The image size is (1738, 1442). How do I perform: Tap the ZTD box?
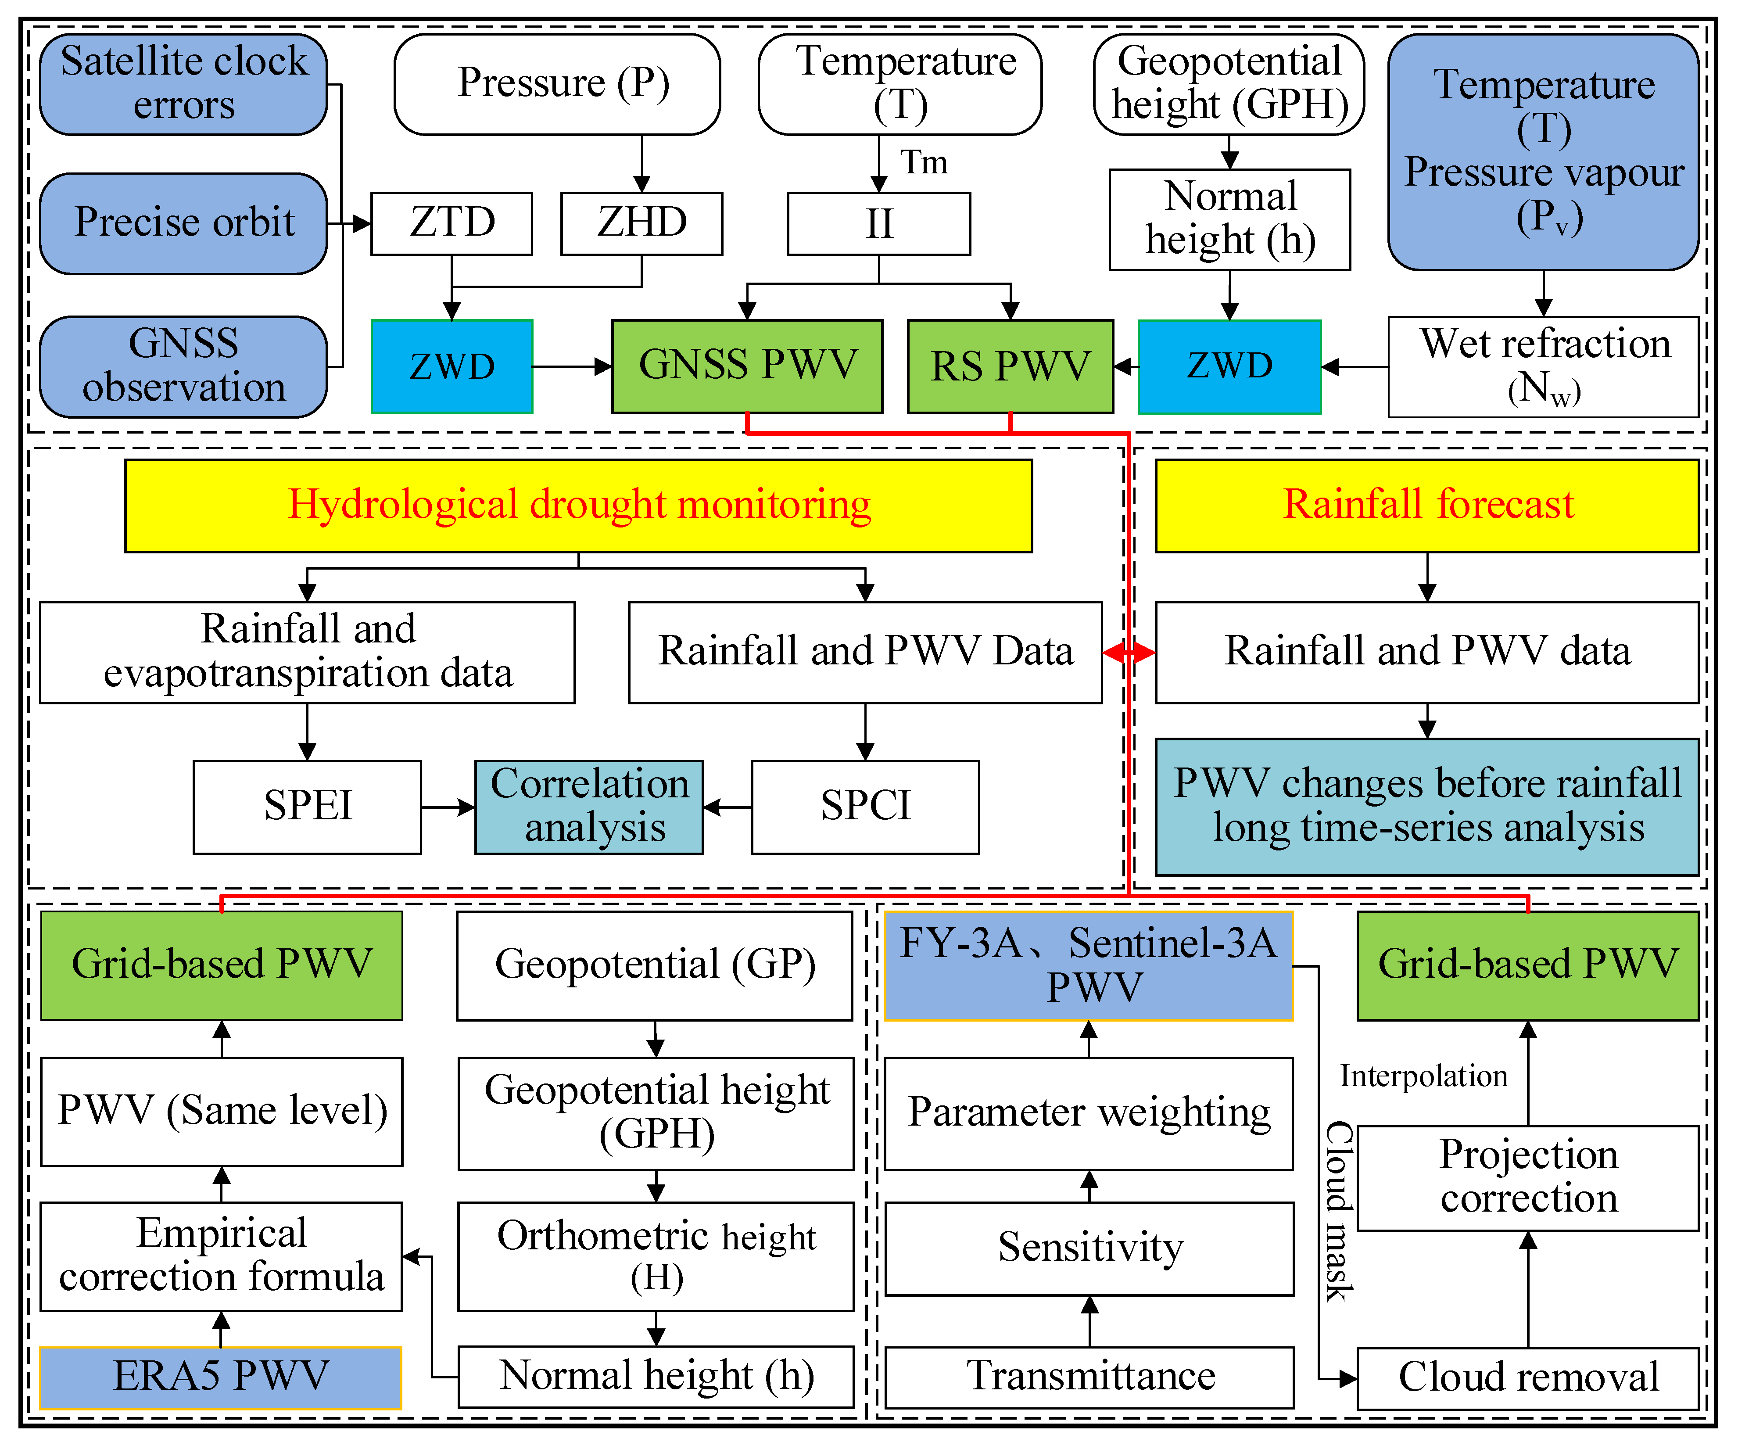pyautogui.click(x=452, y=222)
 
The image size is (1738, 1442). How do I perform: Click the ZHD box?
pyautogui.click(x=641, y=222)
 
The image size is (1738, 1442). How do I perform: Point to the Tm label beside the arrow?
pyautogui.click(x=924, y=162)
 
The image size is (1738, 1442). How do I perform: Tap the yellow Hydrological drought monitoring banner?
pyautogui.click(x=578, y=505)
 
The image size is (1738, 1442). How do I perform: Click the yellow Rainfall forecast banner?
pyautogui.click(x=1427, y=505)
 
